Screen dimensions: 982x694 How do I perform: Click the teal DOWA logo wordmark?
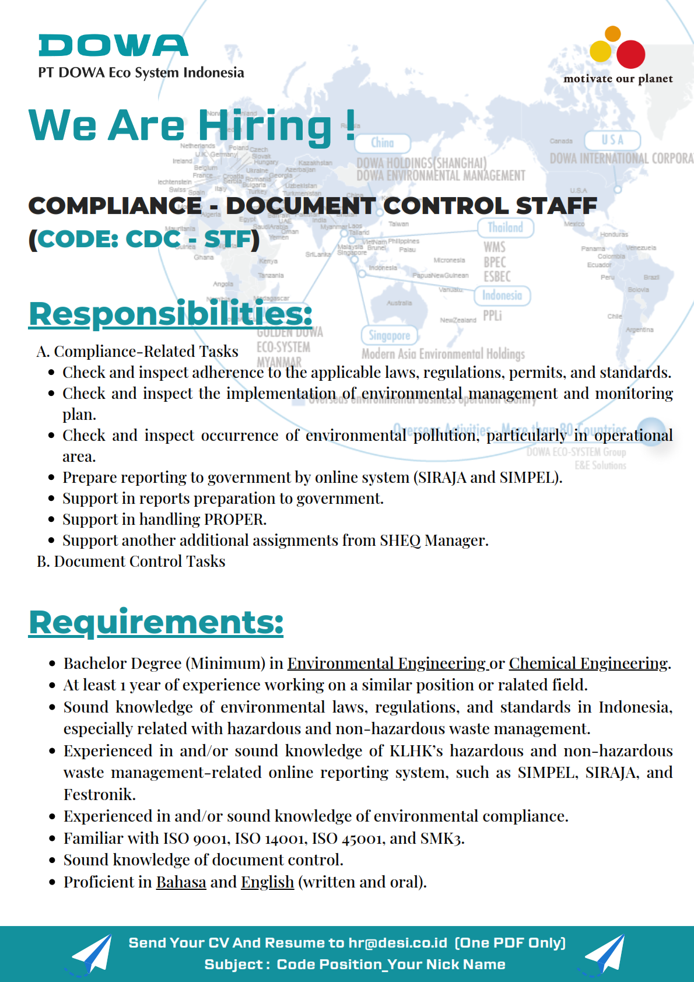113,46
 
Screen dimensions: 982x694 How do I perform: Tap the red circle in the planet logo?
630,54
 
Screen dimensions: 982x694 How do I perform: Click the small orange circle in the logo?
612,33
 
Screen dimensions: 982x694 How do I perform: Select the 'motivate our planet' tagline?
618,79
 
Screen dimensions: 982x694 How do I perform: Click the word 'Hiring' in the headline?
265,125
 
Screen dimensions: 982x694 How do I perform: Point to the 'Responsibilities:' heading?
170,314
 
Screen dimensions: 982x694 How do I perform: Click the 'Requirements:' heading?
156,622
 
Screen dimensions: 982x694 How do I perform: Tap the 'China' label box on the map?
383,143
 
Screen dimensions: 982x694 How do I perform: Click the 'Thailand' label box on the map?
505,227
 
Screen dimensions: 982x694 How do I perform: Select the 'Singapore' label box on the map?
389,335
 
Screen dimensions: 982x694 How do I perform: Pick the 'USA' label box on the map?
612,140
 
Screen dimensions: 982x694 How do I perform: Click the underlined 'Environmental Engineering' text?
387,664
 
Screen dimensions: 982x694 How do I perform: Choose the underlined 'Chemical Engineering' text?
588,664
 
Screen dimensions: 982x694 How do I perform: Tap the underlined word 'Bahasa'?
181,882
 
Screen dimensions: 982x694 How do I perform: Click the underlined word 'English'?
267,882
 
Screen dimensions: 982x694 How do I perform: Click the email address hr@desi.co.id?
398,943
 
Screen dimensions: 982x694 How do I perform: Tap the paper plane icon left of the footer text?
92,954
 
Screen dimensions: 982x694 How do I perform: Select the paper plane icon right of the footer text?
605,954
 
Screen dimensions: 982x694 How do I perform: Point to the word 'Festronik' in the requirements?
99,795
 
